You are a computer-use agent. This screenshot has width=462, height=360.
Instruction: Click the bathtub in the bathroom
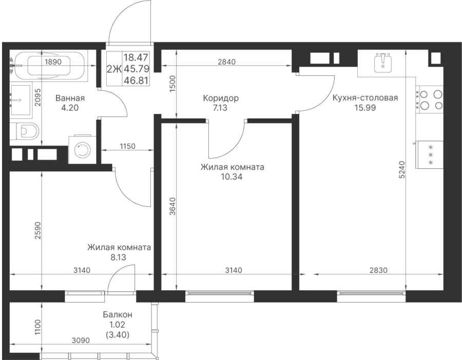tap(49, 66)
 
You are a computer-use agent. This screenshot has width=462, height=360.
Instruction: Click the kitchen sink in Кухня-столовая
tap(383, 63)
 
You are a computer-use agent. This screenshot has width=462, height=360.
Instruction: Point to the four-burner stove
tap(429, 100)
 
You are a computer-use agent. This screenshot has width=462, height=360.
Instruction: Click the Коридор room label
tap(221, 98)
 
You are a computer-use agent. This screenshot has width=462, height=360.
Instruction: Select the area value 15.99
tap(365, 108)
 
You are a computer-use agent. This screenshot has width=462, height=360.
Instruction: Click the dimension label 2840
tap(226, 62)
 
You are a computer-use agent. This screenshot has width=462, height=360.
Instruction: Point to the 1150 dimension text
tap(127, 146)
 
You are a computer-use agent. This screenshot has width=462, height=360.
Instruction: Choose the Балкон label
tap(118, 315)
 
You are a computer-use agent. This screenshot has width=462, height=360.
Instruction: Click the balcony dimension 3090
tap(81, 341)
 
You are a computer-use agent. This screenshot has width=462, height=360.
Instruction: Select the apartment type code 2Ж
tap(114, 69)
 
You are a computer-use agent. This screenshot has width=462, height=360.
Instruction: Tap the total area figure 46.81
tap(136, 80)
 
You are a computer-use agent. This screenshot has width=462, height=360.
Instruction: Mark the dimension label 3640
tap(172, 206)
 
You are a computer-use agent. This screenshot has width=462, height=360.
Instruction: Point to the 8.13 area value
tap(118, 257)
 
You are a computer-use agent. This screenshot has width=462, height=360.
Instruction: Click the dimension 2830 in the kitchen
tap(379, 270)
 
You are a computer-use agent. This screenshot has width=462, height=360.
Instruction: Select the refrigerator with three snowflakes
tap(429, 155)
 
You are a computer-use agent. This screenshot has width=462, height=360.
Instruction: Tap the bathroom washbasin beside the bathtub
tap(21, 100)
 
